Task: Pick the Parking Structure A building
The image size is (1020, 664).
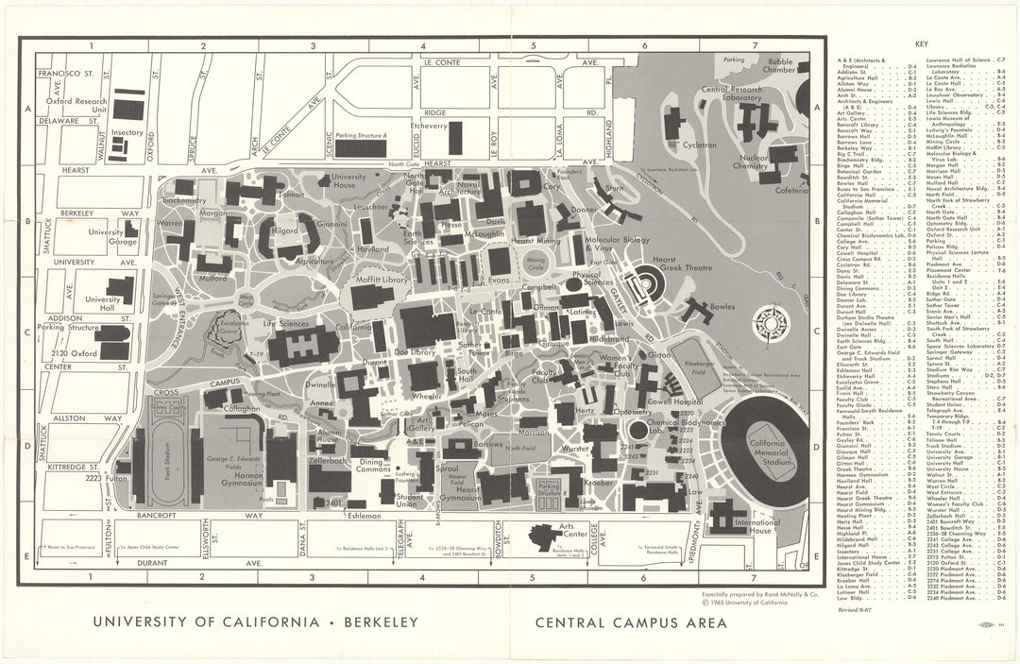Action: pos(361,148)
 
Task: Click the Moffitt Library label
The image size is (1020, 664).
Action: pos(382,281)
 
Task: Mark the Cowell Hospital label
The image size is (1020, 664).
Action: pos(672,400)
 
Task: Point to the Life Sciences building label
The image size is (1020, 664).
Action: pos(287,324)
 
